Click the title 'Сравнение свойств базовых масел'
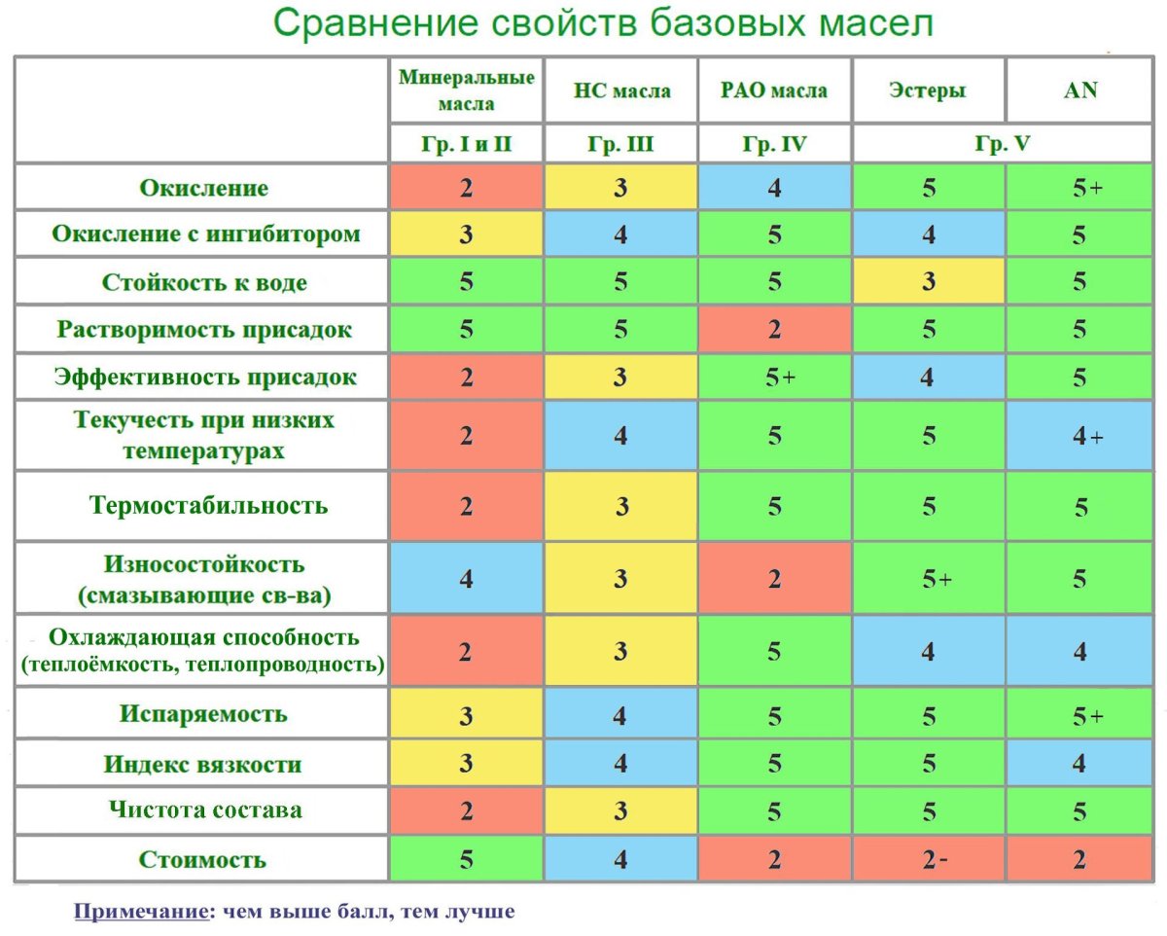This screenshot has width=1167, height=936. coord(603,23)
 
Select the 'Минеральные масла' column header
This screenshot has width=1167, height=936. coord(467,90)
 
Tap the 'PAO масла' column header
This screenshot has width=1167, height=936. coord(774,90)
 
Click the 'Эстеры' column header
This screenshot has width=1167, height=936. coord(928,90)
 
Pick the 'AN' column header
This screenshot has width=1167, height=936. coord(1081,90)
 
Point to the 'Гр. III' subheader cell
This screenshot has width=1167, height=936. coord(620,145)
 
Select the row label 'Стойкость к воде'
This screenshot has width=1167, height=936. coord(204,282)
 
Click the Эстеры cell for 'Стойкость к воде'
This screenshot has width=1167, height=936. coord(929,282)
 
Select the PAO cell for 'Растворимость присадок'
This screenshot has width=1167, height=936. coord(774,329)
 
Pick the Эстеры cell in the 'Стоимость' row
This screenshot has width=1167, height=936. coord(929,859)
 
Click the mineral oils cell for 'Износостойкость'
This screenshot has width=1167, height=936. coord(467,579)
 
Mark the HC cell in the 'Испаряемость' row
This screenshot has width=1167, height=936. coord(620,715)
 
